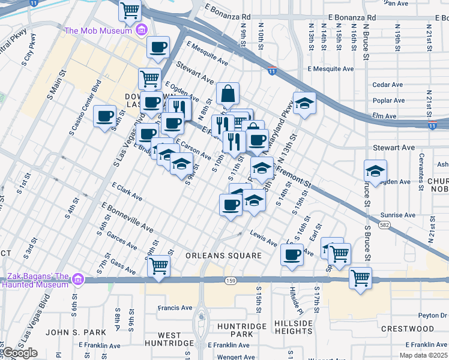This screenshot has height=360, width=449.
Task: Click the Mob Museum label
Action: point(98,30)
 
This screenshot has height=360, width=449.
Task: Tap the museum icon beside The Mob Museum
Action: point(142,30)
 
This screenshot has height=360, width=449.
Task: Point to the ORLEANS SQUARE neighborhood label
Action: point(223,256)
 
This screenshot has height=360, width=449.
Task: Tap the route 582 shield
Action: point(382,225)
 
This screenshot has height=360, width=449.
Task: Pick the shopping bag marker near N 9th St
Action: point(228,94)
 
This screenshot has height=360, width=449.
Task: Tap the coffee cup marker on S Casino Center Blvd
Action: point(105,116)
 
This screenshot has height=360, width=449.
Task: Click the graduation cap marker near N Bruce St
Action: point(375,171)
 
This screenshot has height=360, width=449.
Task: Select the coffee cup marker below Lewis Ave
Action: point(292,254)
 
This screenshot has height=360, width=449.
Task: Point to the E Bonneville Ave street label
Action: point(128,218)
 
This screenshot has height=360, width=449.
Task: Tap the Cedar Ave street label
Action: point(388,85)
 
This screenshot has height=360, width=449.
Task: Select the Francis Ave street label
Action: point(175,308)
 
